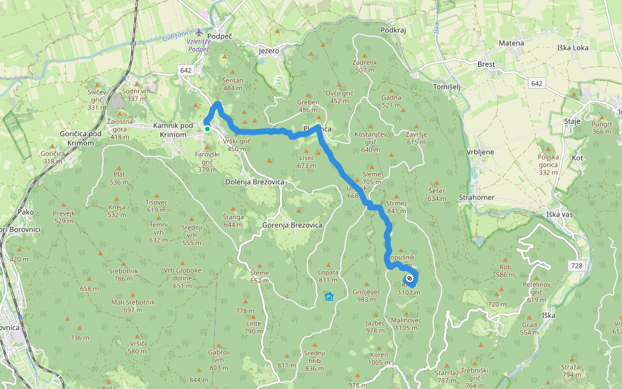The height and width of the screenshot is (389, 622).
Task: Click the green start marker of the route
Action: tap(207, 129)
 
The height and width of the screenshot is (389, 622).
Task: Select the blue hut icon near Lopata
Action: tap(328, 297)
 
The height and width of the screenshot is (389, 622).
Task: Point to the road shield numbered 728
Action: tap(577, 266)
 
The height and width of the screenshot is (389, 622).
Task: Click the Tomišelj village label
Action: tap(446, 87)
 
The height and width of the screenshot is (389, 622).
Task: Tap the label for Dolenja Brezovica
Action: tap(255, 182)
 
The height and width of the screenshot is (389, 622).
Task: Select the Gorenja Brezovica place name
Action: tap(292, 224)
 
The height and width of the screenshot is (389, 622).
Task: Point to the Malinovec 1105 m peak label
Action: tap(406, 324)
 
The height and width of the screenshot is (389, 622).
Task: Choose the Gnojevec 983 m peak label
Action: tap(367, 296)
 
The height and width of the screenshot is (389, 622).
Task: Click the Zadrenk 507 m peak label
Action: tap(364, 66)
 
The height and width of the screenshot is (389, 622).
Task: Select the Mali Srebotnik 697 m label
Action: tap(133, 306)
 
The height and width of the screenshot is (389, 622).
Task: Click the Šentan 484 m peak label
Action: tap(233, 84)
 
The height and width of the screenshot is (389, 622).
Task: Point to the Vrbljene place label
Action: tap(480, 152)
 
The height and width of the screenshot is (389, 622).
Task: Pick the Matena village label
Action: tap(511, 43)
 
